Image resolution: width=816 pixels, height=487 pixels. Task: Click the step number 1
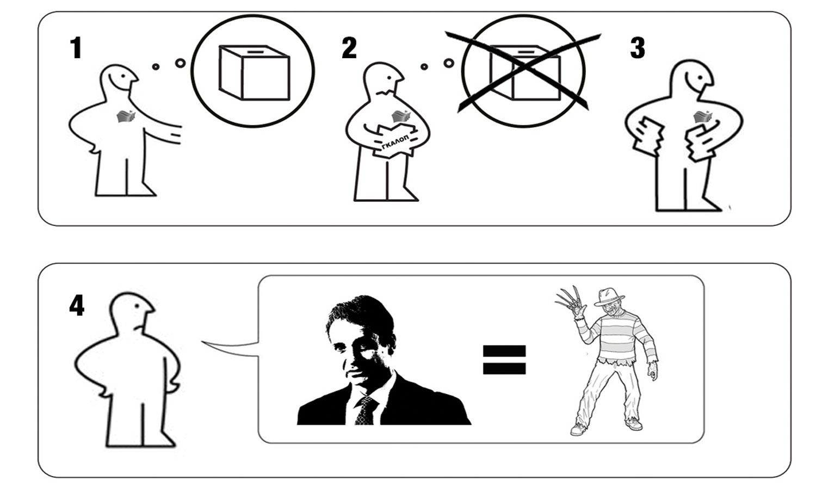[76, 48]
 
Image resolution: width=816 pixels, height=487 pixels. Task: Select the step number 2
[349, 48]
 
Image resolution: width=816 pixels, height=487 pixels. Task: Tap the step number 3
[638, 48]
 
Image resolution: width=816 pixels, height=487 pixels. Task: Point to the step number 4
[77, 305]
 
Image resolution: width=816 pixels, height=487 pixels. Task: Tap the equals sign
[504, 360]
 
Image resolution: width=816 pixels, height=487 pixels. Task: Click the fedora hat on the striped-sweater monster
[609, 297]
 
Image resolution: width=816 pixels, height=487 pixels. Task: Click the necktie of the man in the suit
[366, 410]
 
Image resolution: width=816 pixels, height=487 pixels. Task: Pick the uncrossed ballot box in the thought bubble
[254, 72]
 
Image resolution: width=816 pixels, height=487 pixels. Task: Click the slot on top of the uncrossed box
[256, 52]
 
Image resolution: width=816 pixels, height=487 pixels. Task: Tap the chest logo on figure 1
[126, 116]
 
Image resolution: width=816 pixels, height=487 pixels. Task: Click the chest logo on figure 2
[401, 116]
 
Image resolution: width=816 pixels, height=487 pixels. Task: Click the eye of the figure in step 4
[137, 306]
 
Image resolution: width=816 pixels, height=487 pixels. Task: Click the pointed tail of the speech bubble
[202, 342]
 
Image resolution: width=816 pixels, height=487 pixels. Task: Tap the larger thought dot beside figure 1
[180, 63]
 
